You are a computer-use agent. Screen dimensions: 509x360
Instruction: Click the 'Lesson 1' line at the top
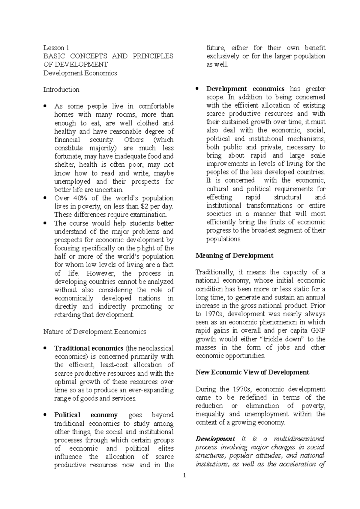point(56,48)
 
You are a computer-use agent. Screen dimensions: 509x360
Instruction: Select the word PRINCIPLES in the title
point(153,56)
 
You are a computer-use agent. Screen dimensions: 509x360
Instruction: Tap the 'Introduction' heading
point(61,90)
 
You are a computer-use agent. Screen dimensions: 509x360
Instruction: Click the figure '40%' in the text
point(80,198)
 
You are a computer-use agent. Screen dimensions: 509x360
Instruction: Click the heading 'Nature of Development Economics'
point(94,332)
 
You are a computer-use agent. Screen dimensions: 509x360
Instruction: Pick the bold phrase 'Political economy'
point(86,415)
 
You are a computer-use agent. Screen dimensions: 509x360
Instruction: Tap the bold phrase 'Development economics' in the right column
point(245,89)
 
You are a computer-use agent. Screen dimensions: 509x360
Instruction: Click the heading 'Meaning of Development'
point(234,256)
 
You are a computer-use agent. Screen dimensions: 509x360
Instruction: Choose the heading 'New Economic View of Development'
point(252,372)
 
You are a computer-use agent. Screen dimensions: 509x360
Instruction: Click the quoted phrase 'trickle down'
point(280,339)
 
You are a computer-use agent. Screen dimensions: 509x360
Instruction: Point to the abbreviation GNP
point(318,331)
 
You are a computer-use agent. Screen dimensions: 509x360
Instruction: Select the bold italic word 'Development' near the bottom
point(215,439)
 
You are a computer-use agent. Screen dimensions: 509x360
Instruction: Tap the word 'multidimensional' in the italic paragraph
point(299,439)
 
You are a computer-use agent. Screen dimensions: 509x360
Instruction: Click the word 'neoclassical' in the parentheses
point(156,348)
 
